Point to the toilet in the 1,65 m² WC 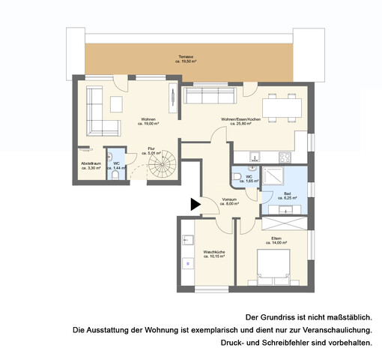pyautogui.click(x=237, y=177)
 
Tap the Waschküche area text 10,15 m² pyautogui.click(x=214, y=256)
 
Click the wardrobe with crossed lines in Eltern pyautogui.click(x=284, y=223)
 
